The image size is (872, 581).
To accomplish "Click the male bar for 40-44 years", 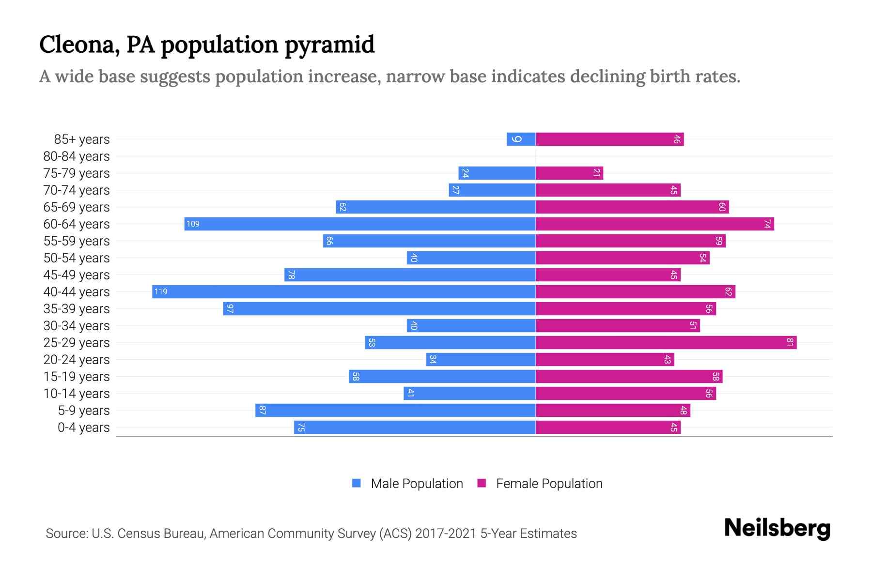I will [x=344, y=291].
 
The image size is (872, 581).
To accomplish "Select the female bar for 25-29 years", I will [x=666, y=342].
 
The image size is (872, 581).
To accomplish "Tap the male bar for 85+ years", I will [x=521, y=139].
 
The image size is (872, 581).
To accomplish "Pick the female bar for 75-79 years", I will [x=569, y=173].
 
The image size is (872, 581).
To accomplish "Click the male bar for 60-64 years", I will [x=360, y=224].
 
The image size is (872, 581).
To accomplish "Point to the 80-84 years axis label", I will [x=77, y=156].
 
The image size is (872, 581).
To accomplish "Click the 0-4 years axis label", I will [x=83, y=428].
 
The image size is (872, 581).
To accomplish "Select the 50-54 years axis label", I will [x=77, y=258].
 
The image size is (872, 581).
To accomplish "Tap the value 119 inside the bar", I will [x=161, y=291].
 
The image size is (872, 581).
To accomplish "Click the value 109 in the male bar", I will [x=193, y=224].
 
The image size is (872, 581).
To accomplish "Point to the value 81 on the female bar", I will [x=790, y=342].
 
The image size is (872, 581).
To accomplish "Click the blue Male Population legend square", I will [x=357, y=483].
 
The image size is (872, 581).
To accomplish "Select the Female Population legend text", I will [x=549, y=483].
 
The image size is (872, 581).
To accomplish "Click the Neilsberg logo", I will [x=777, y=528].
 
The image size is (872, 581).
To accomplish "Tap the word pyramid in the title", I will [x=329, y=45].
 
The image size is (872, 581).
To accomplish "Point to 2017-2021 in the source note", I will [x=446, y=534].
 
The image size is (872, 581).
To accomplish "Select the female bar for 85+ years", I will [x=609, y=139].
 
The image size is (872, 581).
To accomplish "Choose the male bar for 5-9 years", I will [x=395, y=410].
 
